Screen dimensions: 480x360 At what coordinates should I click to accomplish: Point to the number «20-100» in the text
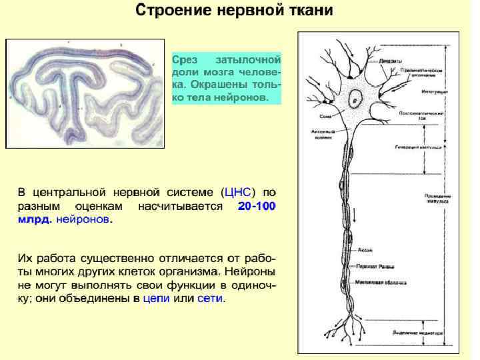pos(256,206)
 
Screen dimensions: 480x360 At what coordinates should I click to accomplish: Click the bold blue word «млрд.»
pos(34,219)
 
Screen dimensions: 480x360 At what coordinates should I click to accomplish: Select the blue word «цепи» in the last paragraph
pos(156,298)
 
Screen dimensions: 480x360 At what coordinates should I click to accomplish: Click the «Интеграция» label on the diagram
pos(435,91)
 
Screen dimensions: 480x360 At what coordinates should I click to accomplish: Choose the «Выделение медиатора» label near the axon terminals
pos(418,331)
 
